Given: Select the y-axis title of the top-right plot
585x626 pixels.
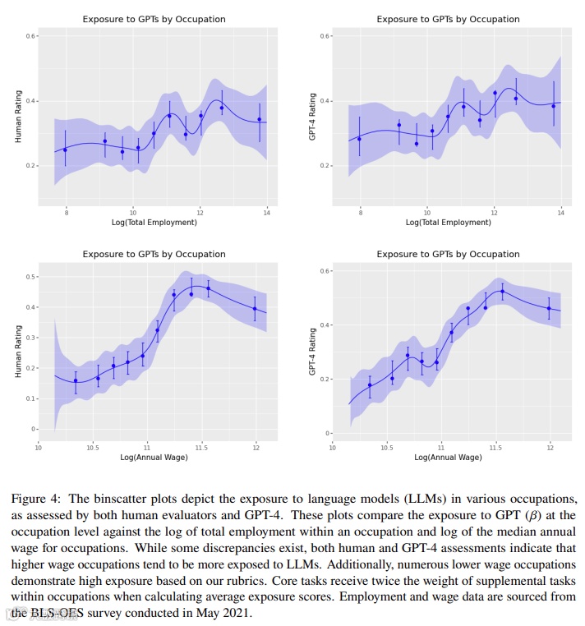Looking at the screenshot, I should click(x=311, y=116).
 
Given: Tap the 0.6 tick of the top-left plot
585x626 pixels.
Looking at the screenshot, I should click(x=30, y=36).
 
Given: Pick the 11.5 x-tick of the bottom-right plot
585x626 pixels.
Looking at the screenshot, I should click(x=495, y=448).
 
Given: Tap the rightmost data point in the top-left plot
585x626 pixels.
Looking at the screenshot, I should click(x=260, y=119).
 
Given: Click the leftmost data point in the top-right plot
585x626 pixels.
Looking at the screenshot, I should click(x=359, y=139).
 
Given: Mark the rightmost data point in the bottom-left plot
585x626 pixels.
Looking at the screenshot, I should click(x=255, y=309).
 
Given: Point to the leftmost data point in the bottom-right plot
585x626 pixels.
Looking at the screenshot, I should click(x=370, y=385).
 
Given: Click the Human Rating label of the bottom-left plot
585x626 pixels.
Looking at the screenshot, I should click(x=17, y=352).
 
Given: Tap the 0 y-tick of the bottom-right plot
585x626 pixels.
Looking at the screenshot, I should click(x=327, y=433).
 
